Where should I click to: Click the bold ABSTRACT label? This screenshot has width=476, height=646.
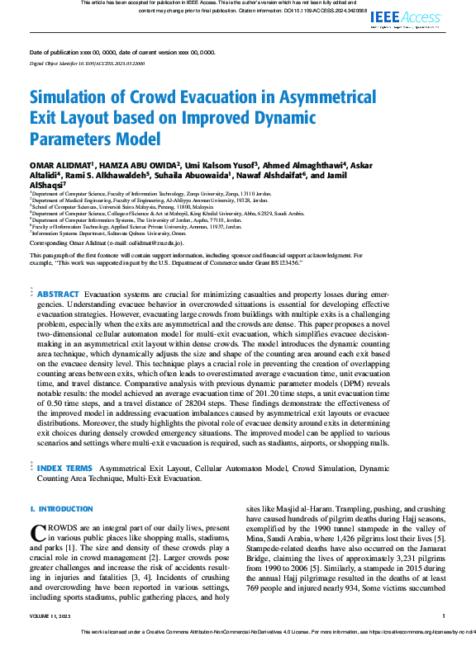click(x=59, y=295)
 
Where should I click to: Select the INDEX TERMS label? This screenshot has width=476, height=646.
click(x=64, y=468)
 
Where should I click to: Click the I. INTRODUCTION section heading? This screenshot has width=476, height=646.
click(x=62, y=509)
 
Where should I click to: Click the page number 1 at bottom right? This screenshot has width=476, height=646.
click(x=444, y=615)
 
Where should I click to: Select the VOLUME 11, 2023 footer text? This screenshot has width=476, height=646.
click(x=52, y=615)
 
